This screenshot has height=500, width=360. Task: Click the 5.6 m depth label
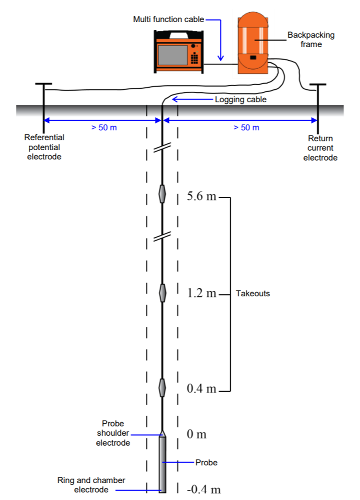click(201, 197)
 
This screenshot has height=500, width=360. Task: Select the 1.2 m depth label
click(201, 293)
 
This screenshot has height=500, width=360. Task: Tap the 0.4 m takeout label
click(201, 389)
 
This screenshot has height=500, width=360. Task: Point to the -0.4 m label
click(203, 489)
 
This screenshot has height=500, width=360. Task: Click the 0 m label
click(196, 434)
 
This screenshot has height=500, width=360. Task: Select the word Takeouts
click(253, 293)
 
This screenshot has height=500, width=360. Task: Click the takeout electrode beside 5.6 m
click(162, 194)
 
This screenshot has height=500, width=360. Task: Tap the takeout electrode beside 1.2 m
click(162, 293)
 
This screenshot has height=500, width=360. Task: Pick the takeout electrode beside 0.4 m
click(162, 387)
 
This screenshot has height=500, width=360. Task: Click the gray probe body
click(162, 463)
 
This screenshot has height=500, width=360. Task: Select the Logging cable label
click(241, 100)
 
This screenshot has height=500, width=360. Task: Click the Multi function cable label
click(168, 20)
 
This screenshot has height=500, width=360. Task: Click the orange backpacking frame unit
click(254, 43)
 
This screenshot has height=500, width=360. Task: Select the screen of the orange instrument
click(172, 53)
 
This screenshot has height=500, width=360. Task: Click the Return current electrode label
click(322, 148)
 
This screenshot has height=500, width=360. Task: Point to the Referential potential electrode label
click(44, 147)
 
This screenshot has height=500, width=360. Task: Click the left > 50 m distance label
click(104, 127)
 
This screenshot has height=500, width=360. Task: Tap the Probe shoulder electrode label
click(113, 433)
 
